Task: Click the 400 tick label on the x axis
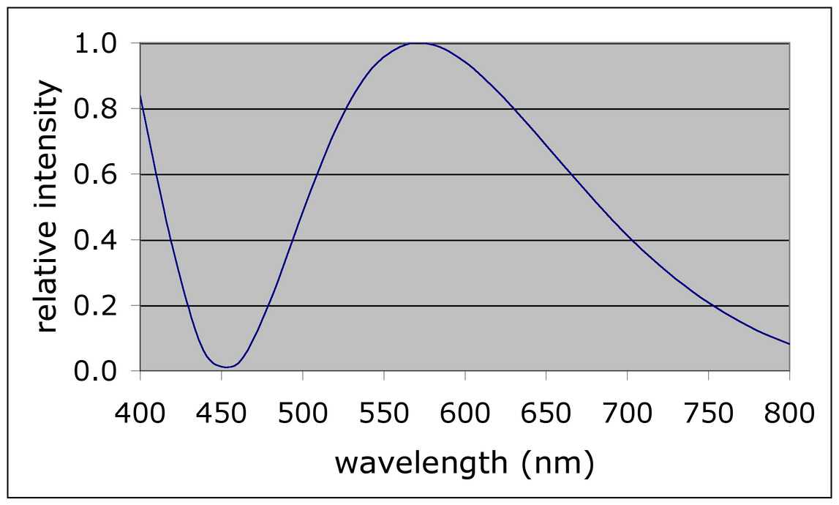(x=140, y=414)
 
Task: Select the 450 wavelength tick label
(x=222, y=414)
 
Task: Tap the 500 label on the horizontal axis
(x=303, y=414)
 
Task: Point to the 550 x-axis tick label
(x=384, y=414)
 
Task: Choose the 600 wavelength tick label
(x=465, y=414)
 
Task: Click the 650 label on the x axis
(x=546, y=414)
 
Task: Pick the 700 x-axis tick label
(x=628, y=414)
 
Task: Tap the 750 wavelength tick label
(x=709, y=414)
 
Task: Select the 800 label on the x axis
(x=789, y=414)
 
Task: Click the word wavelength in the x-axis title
(x=421, y=463)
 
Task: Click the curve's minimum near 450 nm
(x=227, y=367)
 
